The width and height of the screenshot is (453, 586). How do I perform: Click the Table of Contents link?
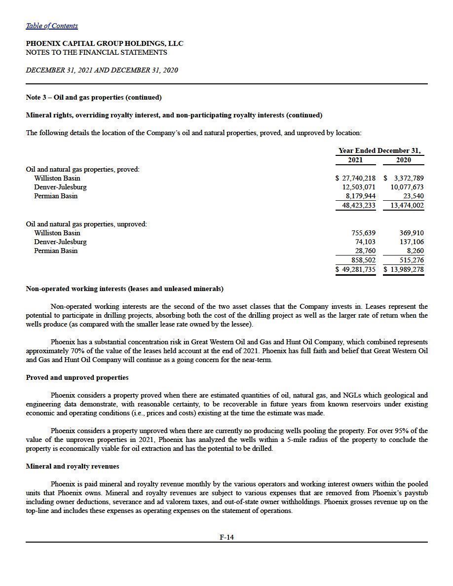pos(51,26)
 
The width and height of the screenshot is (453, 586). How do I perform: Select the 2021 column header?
pos(355,160)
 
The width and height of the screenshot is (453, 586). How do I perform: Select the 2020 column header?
pos(403,160)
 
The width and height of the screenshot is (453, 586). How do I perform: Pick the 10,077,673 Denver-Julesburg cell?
pos(407,187)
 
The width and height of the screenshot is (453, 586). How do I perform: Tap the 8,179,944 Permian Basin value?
pos(360,196)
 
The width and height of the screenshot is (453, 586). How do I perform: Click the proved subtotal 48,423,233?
pos(359,205)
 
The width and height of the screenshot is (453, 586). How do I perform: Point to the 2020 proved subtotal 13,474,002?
pos(407,205)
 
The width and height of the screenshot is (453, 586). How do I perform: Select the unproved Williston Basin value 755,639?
pos(363,233)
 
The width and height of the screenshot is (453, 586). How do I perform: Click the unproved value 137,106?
pos(411,242)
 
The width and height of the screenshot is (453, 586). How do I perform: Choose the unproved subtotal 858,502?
pos(363,260)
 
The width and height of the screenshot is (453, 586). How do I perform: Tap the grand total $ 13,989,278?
pos(404,269)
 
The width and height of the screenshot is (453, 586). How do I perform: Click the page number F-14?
pos(226,537)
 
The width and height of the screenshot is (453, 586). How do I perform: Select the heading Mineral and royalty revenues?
pos(72,466)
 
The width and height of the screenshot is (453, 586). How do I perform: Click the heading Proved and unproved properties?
pos(77,377)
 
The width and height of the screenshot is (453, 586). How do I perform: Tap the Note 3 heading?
pos(94,97)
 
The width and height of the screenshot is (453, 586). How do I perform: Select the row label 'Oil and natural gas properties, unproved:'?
pos(86,224)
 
